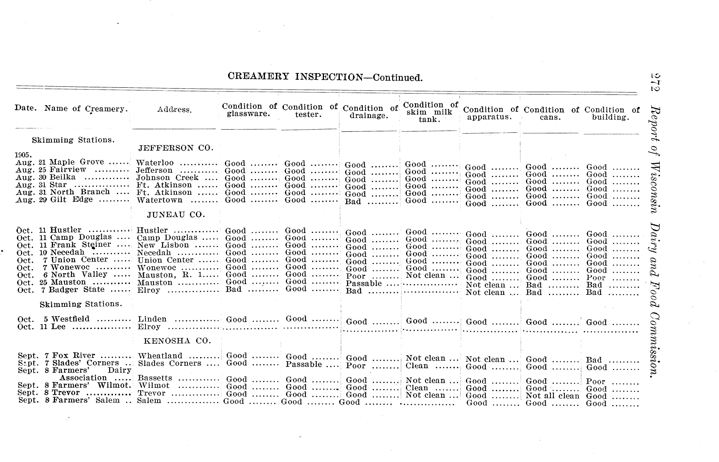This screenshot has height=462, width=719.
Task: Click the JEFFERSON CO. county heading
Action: coord(176,148)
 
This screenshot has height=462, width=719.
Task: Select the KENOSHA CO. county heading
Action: coord(177,341)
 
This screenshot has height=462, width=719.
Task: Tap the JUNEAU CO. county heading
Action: coord(176,215)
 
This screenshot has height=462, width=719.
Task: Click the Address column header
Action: coord(174,110)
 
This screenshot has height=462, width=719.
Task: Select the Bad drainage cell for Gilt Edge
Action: coord(353,202)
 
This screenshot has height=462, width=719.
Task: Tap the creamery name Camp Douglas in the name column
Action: coord(81,237)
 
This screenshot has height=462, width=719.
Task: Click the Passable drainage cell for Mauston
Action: coord(364,284)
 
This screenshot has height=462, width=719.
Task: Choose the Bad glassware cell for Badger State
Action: coord(233,289)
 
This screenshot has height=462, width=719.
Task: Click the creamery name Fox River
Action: coord(73,356)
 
